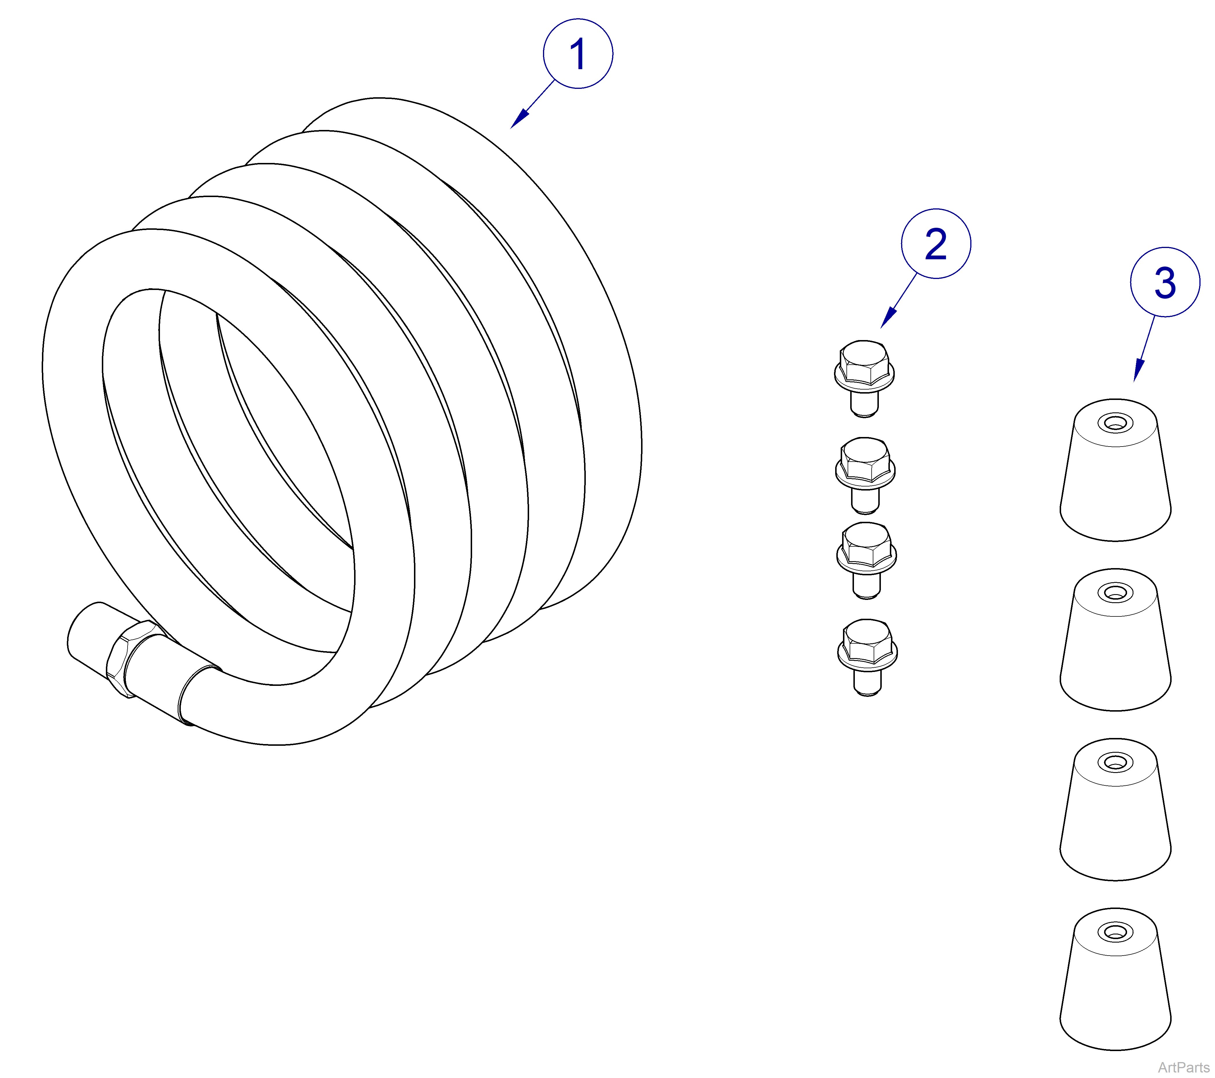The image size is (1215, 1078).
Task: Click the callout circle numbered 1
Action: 578,54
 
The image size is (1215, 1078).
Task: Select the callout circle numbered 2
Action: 936,244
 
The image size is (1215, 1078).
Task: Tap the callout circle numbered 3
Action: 1165,282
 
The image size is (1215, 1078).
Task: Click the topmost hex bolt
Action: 865,379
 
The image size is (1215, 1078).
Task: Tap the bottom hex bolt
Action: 867,658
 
